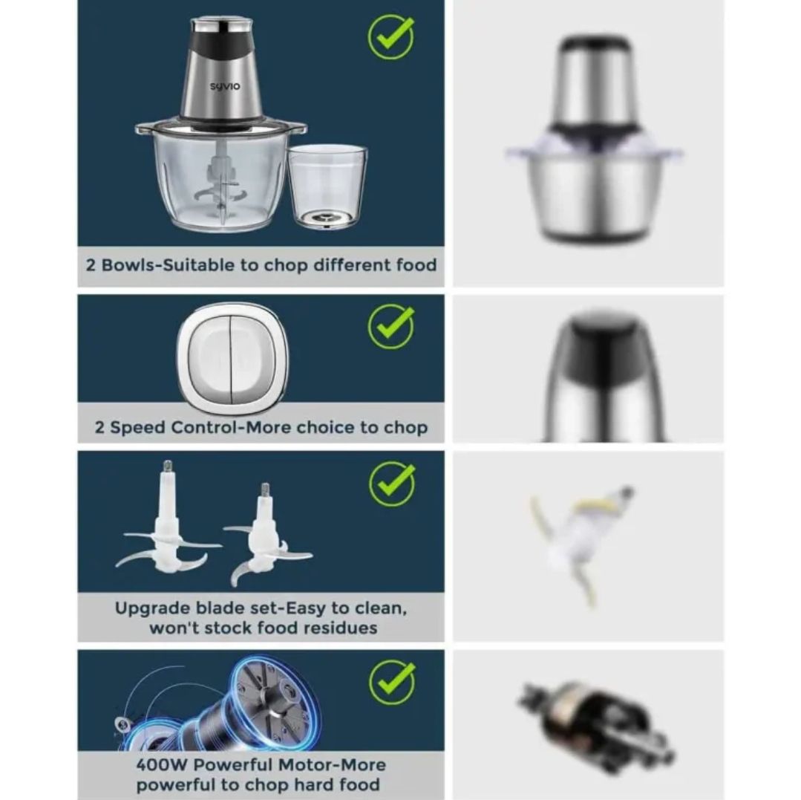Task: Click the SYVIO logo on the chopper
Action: [x=224, y=86]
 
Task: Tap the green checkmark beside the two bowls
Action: [x=390, y=37]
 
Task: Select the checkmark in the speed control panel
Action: [x=390, y=327]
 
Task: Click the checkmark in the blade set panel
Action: [x=392, y=484]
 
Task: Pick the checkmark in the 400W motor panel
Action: [x=392, y=682]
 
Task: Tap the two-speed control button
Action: [x=232, y=358]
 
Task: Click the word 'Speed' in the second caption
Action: [x=137, y=428]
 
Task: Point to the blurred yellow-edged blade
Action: [x=582, y=544]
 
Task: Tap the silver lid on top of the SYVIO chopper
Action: [x=222, y=22]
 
